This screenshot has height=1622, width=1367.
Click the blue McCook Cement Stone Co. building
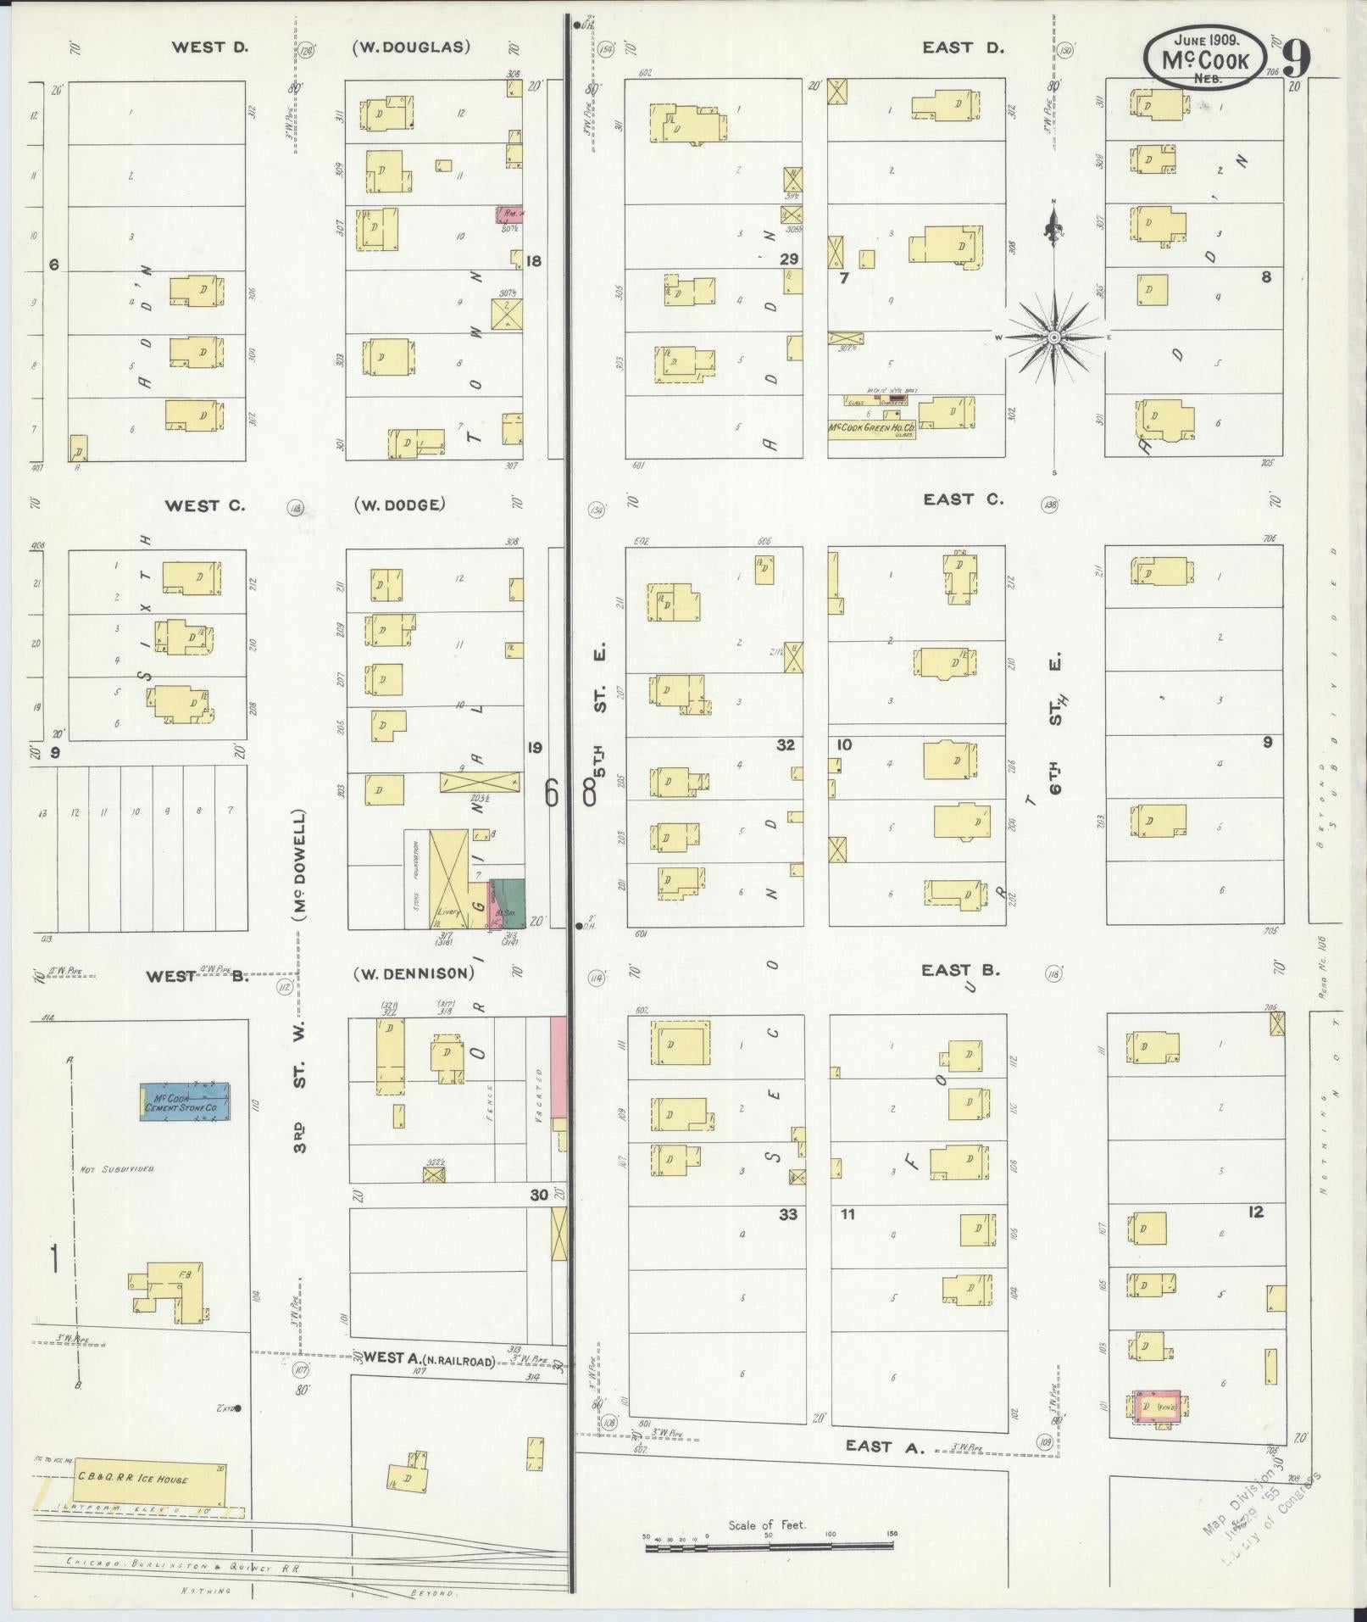coord(185,1102)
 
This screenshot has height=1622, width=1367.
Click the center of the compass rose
coord(1053,337)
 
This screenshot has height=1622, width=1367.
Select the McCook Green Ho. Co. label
coord(871,430)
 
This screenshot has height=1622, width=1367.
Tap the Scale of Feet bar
coord(769,1546)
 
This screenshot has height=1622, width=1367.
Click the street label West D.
coord(209,47)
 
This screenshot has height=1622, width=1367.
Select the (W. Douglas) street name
coord(411,47)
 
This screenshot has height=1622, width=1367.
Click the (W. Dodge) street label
coord(399,504)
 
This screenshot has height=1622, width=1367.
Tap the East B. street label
coord(961,970)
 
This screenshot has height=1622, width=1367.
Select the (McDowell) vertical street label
coord(298,865)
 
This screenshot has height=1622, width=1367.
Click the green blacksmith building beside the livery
coord(510,902)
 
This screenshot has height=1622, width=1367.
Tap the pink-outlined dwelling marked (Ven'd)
coord(1156,1407)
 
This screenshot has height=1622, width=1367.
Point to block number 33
coord(788,1214)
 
